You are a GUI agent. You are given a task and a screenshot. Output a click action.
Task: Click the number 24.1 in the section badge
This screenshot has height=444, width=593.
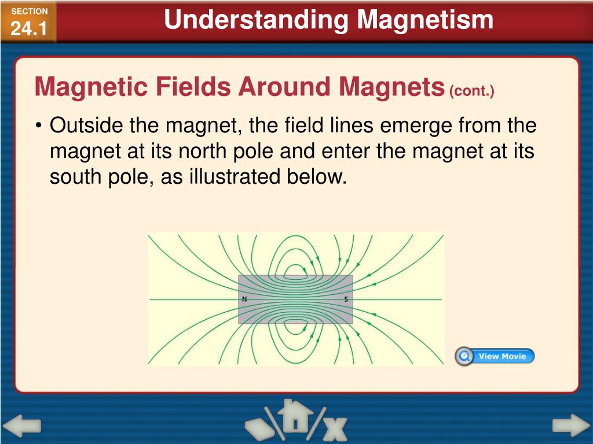pos(29,28)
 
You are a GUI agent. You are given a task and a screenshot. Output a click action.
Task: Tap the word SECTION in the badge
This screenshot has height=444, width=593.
pos(30,12)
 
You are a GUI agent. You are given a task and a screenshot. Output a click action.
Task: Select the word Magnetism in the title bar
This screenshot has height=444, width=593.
pos(425,20)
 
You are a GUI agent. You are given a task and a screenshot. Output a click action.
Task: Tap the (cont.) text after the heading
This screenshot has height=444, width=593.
pos(472,91)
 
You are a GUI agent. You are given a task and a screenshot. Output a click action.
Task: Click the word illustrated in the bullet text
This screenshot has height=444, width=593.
pos(235,177)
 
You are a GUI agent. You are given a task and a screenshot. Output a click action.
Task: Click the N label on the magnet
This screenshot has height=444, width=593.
pos(244,299)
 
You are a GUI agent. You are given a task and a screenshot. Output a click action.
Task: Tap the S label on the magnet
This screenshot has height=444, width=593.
pos(346,299)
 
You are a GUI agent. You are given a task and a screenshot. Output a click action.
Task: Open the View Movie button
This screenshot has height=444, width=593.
pos(502,356)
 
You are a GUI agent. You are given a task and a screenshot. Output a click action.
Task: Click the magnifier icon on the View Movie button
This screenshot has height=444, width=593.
pos(464,356)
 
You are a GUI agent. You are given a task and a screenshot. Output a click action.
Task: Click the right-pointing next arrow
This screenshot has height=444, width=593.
pos(570,426)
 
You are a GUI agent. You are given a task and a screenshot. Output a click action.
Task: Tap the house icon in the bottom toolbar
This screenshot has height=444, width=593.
pos(296,417)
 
